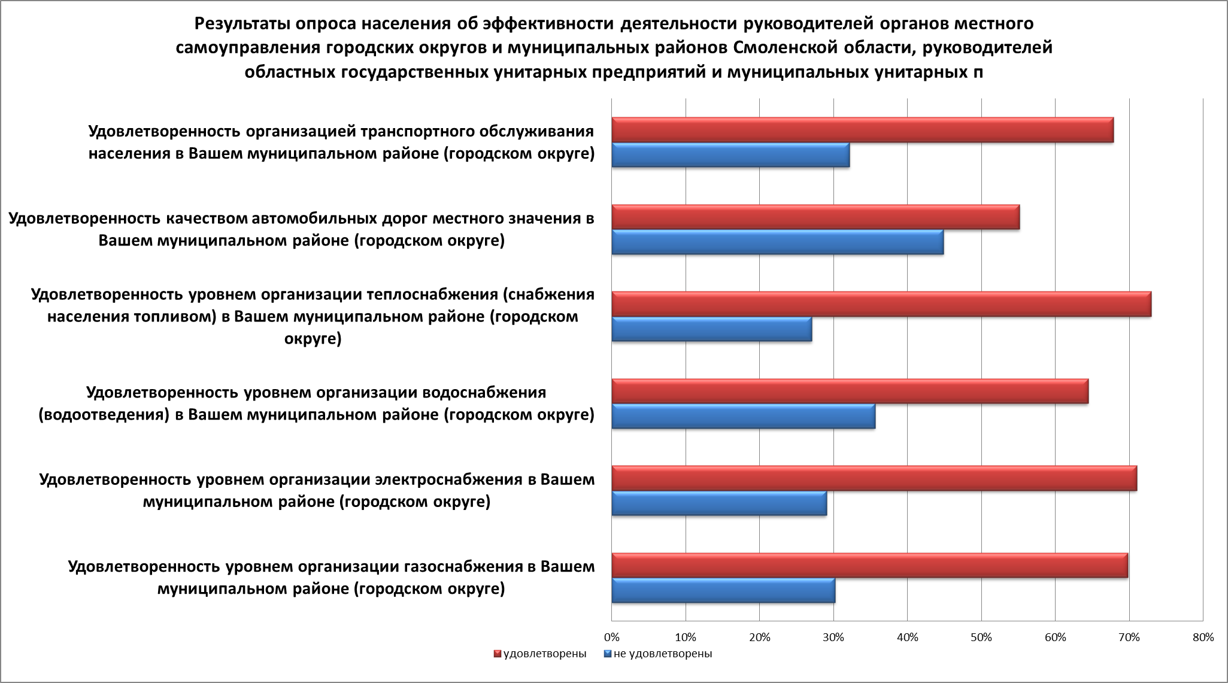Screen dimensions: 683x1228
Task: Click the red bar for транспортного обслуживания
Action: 862,130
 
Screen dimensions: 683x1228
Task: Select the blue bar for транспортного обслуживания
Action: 730,155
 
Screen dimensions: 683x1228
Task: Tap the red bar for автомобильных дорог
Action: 815,217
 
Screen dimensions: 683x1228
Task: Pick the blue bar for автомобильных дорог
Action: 777,242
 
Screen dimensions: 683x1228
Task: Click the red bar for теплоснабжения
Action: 881,304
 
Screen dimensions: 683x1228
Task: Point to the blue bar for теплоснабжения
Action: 711,329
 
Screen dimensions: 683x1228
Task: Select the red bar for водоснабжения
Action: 850,391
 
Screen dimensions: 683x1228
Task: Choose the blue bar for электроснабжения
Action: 719,503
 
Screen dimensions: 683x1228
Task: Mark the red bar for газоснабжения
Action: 869,566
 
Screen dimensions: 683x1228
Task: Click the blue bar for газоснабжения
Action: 723,590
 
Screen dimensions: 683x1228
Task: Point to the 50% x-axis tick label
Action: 981,638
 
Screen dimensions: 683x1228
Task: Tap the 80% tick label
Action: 1202,638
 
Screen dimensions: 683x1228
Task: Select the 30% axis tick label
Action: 833,638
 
